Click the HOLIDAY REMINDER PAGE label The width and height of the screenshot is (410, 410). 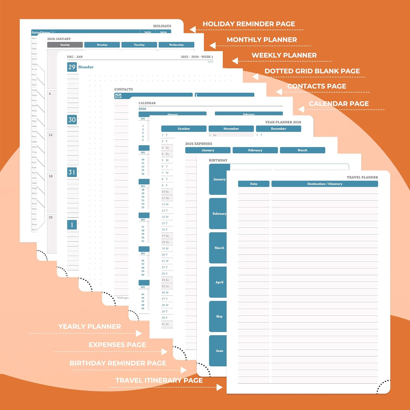(249, 24)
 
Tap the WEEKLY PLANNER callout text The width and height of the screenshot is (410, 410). (284, 55)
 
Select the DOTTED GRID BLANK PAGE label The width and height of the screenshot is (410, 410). (312, 71)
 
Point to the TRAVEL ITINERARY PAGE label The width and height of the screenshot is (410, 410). (159, 380)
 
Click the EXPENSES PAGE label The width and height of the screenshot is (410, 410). (117, 345)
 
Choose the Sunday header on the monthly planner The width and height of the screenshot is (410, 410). (65, 45)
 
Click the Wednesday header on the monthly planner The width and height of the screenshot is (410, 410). (176, 45)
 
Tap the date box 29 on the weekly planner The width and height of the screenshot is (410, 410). (72, 67)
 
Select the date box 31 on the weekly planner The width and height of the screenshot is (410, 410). (72, 172)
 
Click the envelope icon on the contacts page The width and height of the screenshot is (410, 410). (118, 96)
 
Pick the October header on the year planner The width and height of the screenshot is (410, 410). (184, 129)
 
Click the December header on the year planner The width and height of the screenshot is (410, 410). (279, 129)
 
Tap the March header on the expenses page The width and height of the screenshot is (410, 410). (302, 150)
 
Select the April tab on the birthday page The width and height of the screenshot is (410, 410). (219, 282)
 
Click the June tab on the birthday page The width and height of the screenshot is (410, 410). (219, 351)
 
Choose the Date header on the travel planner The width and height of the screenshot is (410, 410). (254, 184)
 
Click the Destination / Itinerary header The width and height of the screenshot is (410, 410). (325, 184)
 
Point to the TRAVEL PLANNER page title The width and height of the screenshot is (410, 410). (362, 177)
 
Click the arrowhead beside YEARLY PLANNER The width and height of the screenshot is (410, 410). (139, 333)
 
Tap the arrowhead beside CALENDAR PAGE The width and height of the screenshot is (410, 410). (301, 109)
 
